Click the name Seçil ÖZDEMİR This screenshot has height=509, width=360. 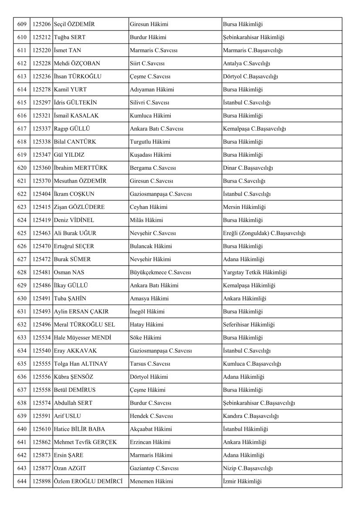(x=74, y=24)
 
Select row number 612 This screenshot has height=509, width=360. (x=21, y=64)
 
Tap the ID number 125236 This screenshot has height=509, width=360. (x=41, y=77)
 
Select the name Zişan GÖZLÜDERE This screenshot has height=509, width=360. (x=79, y=207)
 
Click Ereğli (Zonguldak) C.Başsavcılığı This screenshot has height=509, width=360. (x=264, y=233)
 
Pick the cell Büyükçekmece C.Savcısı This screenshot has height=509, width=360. (x=160, y=273)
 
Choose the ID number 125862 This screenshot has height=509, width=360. (x=41, y=442)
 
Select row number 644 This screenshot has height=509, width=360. (x=21, y=482)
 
